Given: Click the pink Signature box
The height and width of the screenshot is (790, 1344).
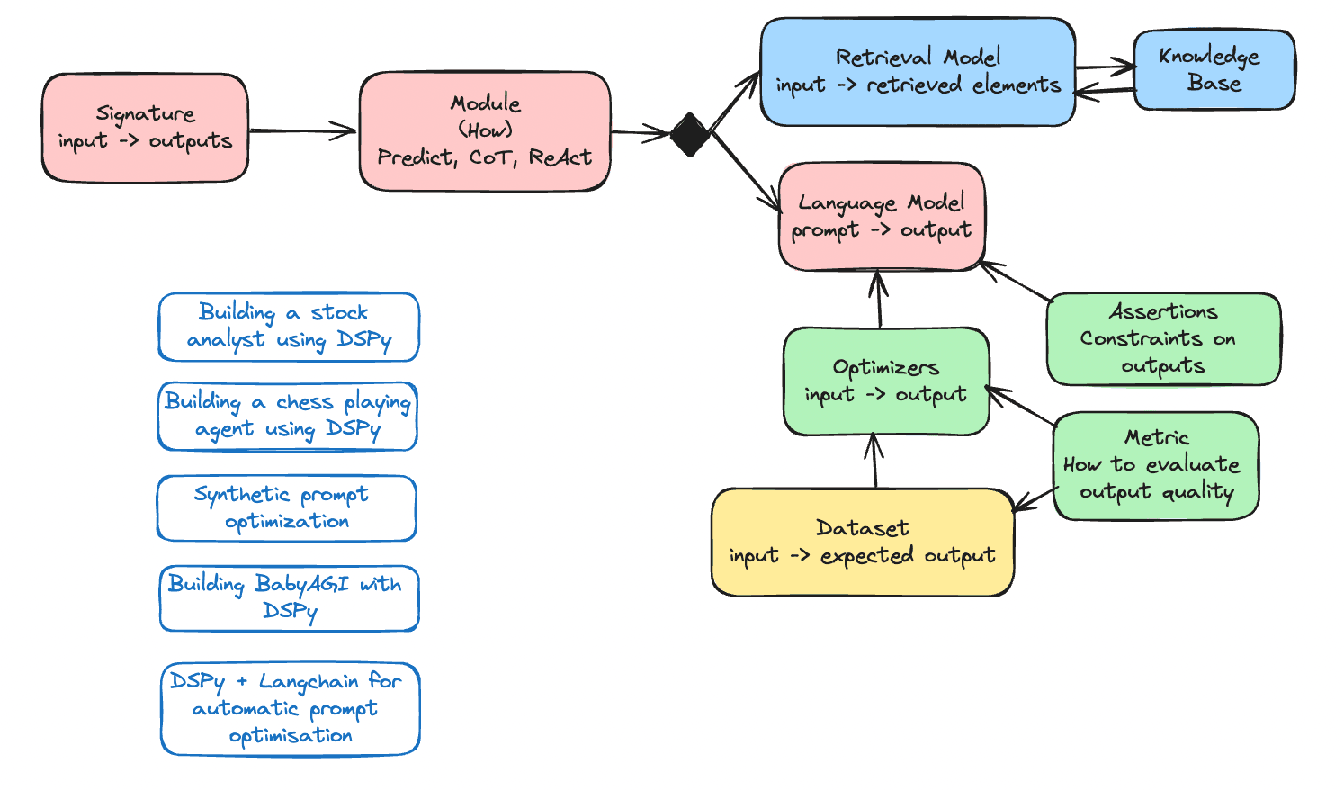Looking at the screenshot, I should pos(145,128).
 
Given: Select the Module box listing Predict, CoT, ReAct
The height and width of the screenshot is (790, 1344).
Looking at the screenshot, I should pos(485,131).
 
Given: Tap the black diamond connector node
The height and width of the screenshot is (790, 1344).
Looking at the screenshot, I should pos(690,134).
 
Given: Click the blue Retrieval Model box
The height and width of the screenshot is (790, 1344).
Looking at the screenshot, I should pos(918,71).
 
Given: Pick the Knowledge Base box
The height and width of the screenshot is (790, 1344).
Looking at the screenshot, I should pos(1214,69).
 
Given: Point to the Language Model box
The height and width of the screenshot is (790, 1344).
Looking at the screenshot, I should pos(882,217).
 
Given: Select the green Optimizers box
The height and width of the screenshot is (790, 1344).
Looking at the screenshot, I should pos(886,382).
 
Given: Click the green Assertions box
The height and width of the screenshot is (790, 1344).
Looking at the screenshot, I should pos(1163,338).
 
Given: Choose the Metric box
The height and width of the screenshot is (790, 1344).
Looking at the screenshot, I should pos(1156,465).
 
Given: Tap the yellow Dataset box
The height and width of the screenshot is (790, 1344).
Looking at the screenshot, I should pos(862,542).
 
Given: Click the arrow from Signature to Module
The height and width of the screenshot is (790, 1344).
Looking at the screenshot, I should pos(302,131).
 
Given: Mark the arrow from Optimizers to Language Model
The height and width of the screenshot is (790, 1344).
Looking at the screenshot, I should pos(879,300).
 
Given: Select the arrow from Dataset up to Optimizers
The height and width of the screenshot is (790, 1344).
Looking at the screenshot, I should pos(874,462).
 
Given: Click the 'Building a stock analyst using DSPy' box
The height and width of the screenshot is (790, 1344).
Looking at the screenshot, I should pos(289,327).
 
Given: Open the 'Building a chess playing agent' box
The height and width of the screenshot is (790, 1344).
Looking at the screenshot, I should pos(288,417).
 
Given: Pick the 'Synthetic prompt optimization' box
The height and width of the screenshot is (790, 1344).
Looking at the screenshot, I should pos(286,508).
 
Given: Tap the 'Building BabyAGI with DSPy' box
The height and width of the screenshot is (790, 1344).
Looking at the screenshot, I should pos(289,598).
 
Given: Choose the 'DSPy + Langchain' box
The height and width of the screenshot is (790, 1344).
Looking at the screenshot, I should pos(290,709).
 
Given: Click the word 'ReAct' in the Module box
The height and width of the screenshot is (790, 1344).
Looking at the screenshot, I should pos(560,157).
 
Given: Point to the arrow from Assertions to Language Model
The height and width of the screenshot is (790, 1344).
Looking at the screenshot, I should pos(1015,281).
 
